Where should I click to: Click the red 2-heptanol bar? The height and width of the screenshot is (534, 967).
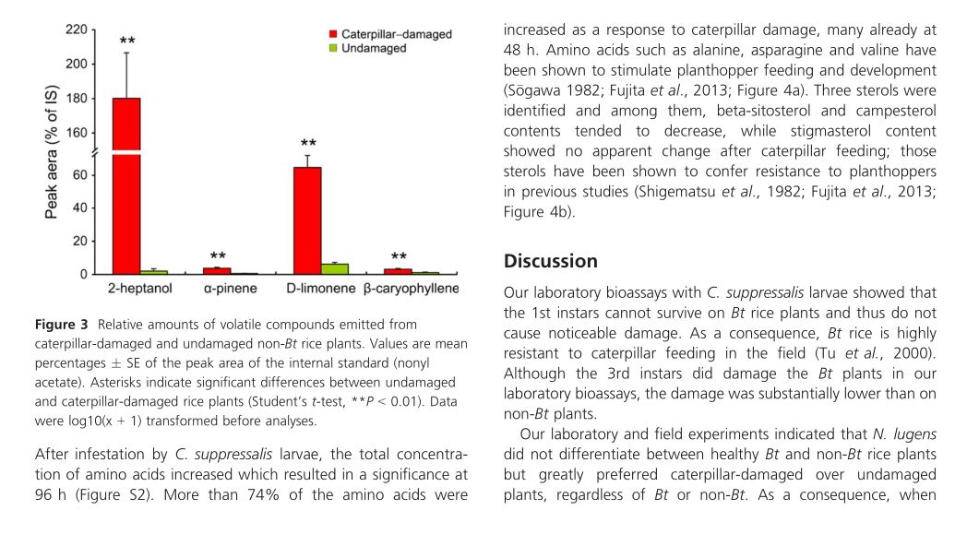[x=126, y=184]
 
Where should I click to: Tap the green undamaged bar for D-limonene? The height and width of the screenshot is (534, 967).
[x=335, y=268]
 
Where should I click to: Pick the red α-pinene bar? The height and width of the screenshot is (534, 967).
[x=217, y=270]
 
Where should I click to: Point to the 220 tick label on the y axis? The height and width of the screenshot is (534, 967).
[x=77, y=30]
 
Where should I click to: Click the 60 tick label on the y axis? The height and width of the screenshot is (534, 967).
[x=80, y=175]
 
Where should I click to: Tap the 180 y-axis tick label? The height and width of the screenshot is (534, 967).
[x=77, y=99]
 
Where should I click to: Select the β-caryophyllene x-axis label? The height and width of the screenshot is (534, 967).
[x=411, y=290]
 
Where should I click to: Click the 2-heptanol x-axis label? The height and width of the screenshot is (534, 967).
[x=139, y=290]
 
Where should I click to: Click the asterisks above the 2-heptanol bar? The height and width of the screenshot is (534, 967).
[x=127, y=42]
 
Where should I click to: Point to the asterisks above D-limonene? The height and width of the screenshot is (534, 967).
[x=308, y=144]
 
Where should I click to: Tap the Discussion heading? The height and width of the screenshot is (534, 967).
[x=551, y=261]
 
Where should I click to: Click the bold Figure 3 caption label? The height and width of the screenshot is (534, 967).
[x=62, y=325]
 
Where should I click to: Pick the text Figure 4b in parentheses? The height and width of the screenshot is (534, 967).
[x=538, y=212]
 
